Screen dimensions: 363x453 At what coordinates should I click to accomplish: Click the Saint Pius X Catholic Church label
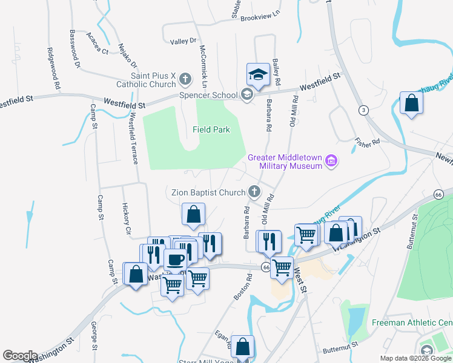click(153, 80)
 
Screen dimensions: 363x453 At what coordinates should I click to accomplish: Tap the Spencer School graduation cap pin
click(258, 75)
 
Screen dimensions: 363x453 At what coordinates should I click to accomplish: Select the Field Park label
click(211, 129)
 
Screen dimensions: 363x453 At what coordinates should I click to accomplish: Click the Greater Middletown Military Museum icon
click(331, 161)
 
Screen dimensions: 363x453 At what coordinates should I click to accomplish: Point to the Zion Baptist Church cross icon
click(255, 192)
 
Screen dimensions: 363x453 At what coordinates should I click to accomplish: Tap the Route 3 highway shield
click(363, 110)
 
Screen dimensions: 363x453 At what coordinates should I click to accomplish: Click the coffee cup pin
click(176, 260)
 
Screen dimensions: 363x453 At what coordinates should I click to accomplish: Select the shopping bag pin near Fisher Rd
click(411, 103)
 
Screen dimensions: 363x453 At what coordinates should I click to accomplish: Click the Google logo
click(20, 356)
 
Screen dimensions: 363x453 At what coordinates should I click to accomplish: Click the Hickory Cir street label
click(127, 218)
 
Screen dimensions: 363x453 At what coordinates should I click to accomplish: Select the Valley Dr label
click(184, 41)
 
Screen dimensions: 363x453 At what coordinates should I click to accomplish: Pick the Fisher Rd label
click(367, 141)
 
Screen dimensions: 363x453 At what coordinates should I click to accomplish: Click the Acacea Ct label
click(97, 43)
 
